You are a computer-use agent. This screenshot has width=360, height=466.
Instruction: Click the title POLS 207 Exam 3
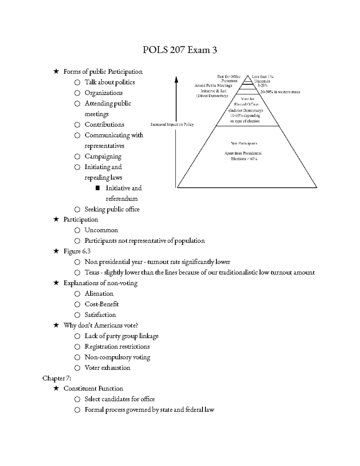[x=180, y=50]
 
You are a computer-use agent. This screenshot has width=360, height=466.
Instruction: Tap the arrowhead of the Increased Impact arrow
[x=176, y=79]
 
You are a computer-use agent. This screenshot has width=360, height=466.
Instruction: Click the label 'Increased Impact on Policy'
[x=172, y=125]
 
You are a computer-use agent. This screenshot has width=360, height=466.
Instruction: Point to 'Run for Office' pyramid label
[x=229, y=77]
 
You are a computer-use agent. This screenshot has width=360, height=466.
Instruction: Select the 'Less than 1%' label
[x=262, y=77]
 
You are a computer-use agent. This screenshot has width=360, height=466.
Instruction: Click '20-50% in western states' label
[x=280, y=92]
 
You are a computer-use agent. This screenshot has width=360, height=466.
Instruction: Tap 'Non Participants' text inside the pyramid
[x=244, y=143]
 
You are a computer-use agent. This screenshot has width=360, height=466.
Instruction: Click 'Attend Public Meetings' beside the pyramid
[x=213, y=86]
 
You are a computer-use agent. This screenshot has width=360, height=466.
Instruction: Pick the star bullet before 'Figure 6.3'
[x=56, y=251]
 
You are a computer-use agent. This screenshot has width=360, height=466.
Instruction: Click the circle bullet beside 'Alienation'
[x=77, y=294]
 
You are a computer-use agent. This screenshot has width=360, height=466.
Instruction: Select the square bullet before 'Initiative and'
[x=97, y=188]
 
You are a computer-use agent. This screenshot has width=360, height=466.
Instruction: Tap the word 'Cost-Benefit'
[x=102, y=304]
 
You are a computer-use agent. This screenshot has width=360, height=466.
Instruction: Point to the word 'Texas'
[x=92, y=272]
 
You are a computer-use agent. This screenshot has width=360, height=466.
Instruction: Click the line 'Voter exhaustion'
[x=107, y=368]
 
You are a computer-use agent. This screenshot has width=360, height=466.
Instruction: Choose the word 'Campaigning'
[x=103, y=157]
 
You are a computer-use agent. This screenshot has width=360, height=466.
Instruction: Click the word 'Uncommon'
[x=101, y=230]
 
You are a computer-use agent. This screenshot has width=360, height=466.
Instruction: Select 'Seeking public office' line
[x=112, y=209]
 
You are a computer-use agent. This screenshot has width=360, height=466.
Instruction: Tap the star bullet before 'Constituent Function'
[x=56, y=389]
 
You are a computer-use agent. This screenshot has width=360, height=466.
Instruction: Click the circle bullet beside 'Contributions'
[x=77, y=125]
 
